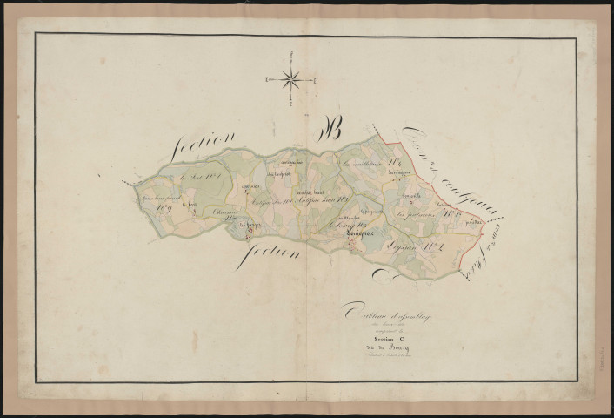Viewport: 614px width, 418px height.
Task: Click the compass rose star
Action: (293, 79)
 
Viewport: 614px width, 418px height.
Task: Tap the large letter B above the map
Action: (333, 132)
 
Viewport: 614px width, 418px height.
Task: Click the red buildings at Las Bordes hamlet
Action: (250, 230)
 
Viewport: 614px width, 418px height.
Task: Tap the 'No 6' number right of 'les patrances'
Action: (449, 210)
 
